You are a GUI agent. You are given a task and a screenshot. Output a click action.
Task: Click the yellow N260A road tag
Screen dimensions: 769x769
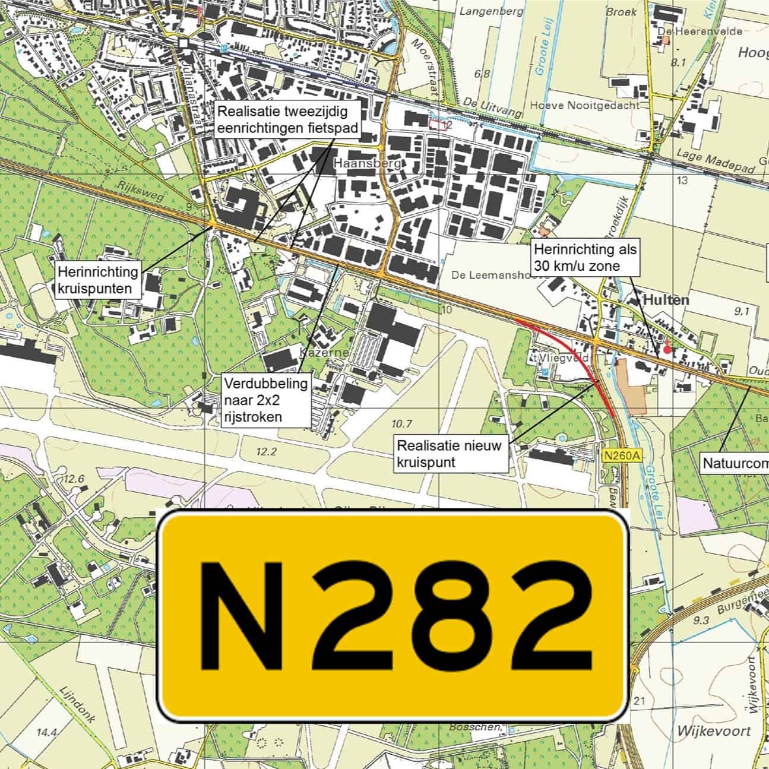622,455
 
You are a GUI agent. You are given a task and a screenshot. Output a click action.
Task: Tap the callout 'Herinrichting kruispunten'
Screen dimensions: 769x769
99,281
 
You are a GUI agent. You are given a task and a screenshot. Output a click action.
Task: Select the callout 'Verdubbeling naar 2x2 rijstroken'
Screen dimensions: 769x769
265,400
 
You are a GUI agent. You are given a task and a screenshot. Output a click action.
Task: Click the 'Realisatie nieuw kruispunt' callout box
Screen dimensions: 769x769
450,454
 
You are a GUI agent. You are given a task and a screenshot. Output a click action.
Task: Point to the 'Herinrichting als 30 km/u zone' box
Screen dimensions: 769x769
584,258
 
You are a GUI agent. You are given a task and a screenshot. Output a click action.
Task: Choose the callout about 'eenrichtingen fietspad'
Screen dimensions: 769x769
287,121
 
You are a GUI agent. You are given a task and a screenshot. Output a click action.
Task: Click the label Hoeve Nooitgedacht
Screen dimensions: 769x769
585,105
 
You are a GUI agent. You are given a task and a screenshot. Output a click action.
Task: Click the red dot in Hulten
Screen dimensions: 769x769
667,350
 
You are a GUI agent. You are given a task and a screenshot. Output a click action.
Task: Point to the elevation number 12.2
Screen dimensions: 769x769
266,452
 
